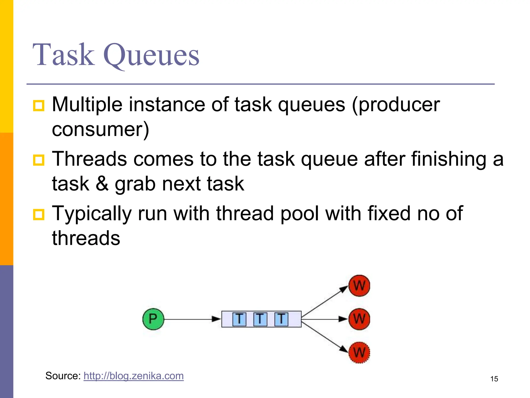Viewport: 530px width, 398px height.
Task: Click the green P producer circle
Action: tap(153, 319)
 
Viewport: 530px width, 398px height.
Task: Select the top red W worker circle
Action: tap(359, 286)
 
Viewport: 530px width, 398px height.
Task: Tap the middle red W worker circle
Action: tap(359, 319)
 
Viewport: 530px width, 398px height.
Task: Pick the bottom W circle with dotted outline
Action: tap(359, 352)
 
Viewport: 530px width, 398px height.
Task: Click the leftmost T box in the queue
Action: tap(239, 319)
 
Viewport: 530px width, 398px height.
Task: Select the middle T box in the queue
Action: tap(260, 319)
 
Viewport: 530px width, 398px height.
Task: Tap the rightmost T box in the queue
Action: tap(281, 319)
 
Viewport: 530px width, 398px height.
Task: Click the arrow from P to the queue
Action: tap(192, 319)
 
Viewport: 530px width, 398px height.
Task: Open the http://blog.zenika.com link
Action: tap(134, 376)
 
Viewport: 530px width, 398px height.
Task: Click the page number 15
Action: tap(494, 379)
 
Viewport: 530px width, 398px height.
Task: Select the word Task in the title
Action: tap(64, 55)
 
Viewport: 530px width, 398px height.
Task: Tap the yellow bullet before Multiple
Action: tap(39, 106)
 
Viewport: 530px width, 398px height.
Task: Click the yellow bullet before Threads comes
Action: tap(39, 160)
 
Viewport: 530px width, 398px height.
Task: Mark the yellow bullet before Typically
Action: tap(39, 215)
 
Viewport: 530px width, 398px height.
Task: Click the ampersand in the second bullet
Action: tap(102, 183)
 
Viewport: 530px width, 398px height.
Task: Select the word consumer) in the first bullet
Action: tap(100, 129)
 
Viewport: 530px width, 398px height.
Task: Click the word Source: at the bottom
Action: tap(63, 376)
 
